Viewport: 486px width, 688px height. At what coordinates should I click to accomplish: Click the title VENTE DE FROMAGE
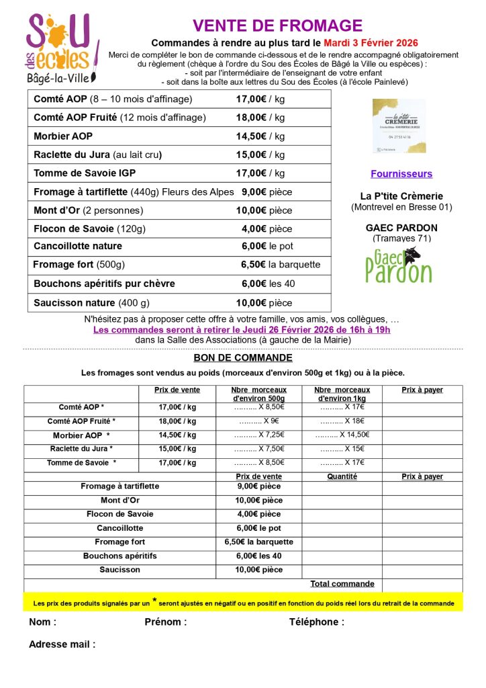(x=277, y=26)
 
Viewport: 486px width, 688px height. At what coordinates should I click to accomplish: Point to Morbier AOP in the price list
(x=63, y=136)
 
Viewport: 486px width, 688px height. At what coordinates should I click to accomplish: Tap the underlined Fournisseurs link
(x=401, y=173)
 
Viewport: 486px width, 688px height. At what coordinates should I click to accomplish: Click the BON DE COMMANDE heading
(x=243, y=357)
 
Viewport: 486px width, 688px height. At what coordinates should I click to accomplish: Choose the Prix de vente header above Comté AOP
(x=177, y=390)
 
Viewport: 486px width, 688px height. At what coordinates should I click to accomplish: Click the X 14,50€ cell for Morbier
(x=342, y=435)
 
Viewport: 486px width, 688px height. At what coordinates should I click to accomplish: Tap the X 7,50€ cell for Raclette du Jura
(x=259, y=449)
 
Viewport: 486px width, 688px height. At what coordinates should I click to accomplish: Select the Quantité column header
(x=342, y=476)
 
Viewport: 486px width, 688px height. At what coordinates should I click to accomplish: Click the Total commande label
(x=342, y=584)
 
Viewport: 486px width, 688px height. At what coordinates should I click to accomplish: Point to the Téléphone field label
(x=316, y=621)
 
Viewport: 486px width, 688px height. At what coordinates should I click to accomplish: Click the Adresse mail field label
(x=62, y=644)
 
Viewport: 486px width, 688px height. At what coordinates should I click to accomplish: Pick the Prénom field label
(x=165, y=621)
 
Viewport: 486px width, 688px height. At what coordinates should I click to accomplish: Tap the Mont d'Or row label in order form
(x=119, y=500)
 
